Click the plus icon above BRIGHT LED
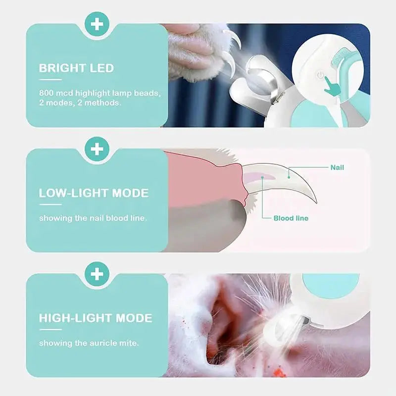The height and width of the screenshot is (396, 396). click(x=97, y=24)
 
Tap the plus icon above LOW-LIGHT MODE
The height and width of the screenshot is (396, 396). click(x=97, y=148)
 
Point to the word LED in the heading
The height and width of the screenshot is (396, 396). click(x=102, y=68)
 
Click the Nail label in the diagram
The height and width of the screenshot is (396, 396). click(x=337, y=167)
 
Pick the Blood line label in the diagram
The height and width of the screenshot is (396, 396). click(x=291, y=218)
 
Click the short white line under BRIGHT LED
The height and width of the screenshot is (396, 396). click(x=50, y=79)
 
